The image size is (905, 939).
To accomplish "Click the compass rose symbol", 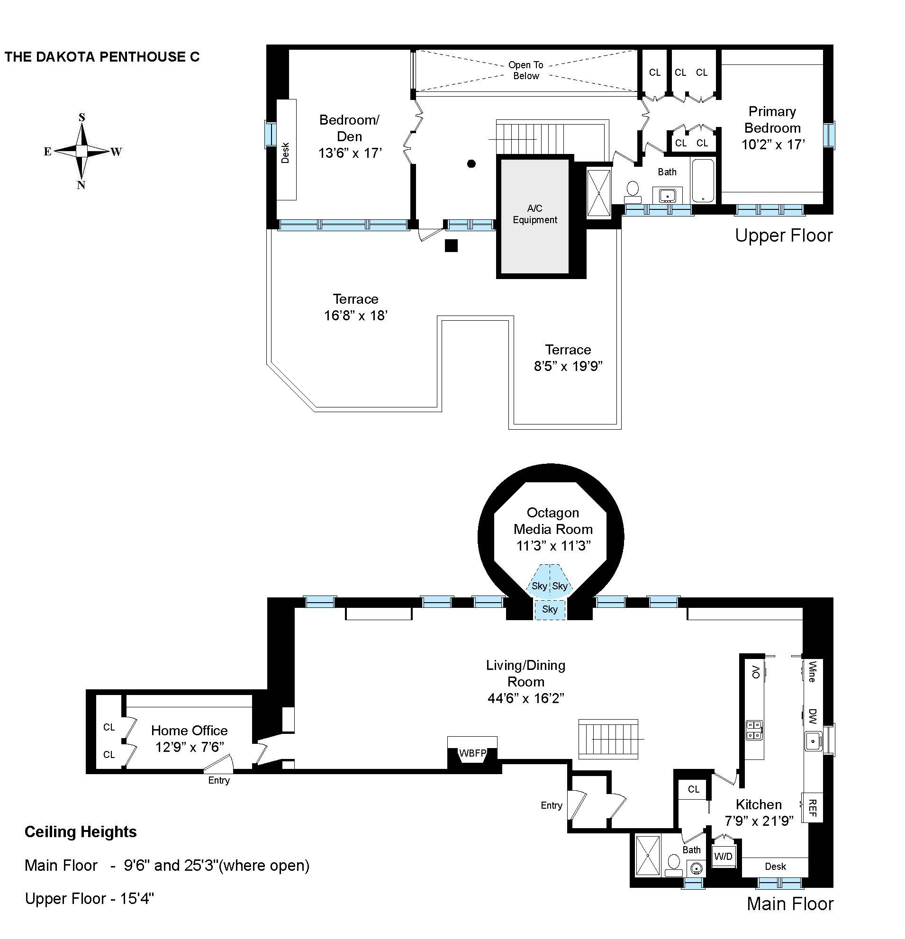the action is pyautogui.click(x=82, y=151).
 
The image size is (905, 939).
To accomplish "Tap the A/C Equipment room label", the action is pyautogui.click(x=534, y=214).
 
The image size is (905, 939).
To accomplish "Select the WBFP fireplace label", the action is pyautogui.click(x=472, y=753).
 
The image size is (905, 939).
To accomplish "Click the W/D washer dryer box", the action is pyautogui.click(x=723, y=856).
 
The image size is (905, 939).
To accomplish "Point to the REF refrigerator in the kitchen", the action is pyautogui.click(x=812, y=808).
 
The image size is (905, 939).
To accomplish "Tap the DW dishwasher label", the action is pyautogui.click(x=812, y=716).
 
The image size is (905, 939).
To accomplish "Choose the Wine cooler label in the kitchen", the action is pyautogui.click(x=812, y=672).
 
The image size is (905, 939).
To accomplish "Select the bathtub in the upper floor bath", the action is pyautogui.click(x=703, y=181).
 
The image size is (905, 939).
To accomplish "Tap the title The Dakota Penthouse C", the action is pyautogui.click(x=102, y=57).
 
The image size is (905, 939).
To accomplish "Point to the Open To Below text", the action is pyautogui.click(x=525, y=71).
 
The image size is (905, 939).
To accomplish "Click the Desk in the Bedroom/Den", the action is pyautogui.click(x=286, y=151).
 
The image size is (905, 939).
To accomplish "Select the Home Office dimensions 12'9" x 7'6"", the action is pyautogui.click(x=189, y=747).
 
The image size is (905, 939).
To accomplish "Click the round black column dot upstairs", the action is pyautogui.click(x=471, y=164).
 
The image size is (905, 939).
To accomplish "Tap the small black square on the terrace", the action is pyautogui.click(x=451, y=246).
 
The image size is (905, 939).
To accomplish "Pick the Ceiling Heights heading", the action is pyautogui.click(x=81, y=831).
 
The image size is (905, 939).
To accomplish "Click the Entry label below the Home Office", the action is pyautogui.click(x=219, y=780).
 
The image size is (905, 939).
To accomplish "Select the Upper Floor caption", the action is pyautogui.click(x=784, y=235).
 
